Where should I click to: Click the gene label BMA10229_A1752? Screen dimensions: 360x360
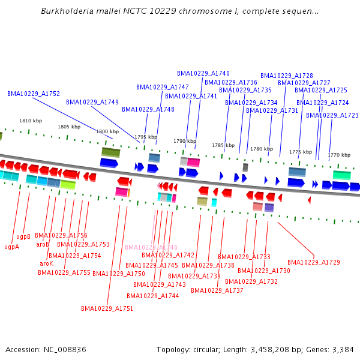pyautogui.click(x=34, y=94)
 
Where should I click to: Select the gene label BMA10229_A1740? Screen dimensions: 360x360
pyautogui.click(x=203, y=73)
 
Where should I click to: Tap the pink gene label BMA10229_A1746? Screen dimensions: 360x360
pyautogui.click(x=151, y=247)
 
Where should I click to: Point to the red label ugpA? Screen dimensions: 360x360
pyautogui.click(x=11, y=247)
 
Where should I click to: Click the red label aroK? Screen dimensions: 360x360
pyautogui.click(x=47, y=264)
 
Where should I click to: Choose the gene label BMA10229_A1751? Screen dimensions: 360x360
pyautogui.click(x=107, y=308)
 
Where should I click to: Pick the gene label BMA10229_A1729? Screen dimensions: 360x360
pyautogui.click(x=314, y=262)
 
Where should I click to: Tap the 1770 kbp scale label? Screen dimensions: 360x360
pyautogui.click(x=338, y=155)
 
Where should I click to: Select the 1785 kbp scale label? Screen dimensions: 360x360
pyautogui.click(x=223, y=145)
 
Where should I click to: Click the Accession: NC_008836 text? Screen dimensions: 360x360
pyautogui.click(x=46, y=349)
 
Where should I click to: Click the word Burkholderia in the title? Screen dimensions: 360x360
pyautogui.click(x=65, y=11)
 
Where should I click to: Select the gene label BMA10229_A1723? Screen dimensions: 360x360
pyautogui.click(x=332, y=115)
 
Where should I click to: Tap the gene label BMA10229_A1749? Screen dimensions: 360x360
pyautogui.click(x=92, y=102)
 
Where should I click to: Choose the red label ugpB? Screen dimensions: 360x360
pyautogui.click(x=23, y=236)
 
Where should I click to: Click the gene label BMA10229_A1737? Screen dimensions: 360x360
pyautogui.click(x=217, y=290)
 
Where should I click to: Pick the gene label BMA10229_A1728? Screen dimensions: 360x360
pyautogui.click(x=287, y=76)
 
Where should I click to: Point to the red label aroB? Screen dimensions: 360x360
pyautogui.click(x=43, y=244)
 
